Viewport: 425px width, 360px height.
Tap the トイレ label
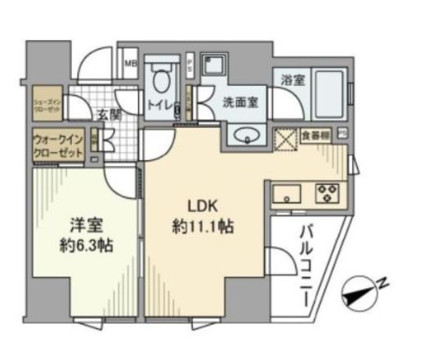click(x=161, y=105)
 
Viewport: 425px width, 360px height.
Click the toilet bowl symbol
click(x=162, y=82)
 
